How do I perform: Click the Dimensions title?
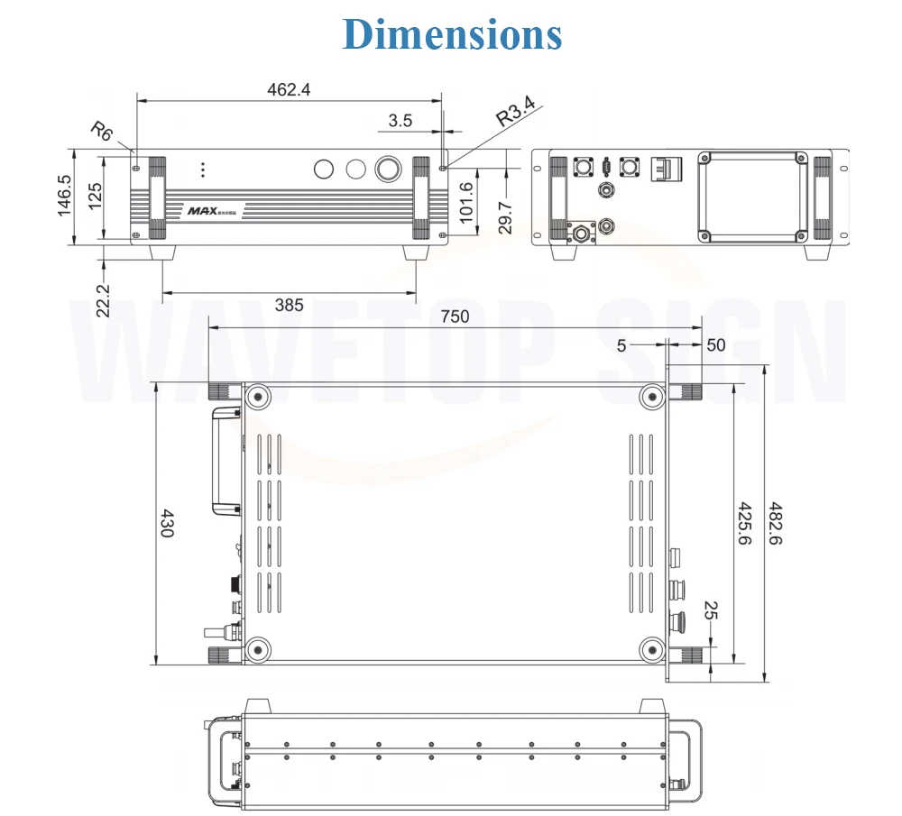(x=452, y=34)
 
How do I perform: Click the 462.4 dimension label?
(x=289, y=89)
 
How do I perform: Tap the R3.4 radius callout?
(x=516, y=110)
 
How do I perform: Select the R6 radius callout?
(x=102, y=131)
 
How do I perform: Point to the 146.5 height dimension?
(x=64, y=196)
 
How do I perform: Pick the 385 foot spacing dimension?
(x=289, y=305)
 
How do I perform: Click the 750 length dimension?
(x=455, y=316)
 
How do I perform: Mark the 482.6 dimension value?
(x=776, y=523)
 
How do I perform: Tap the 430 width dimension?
(x=166, y=523)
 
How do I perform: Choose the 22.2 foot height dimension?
(x=103, y=300)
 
